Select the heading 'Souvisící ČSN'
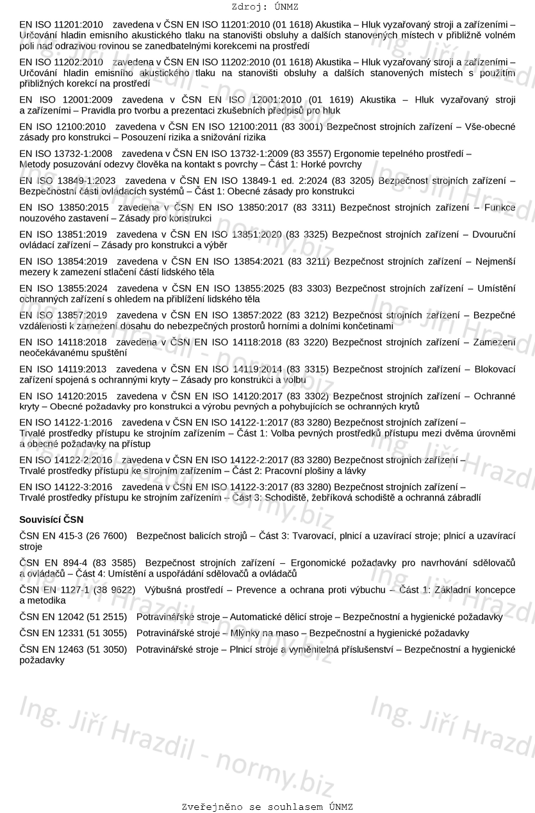51,519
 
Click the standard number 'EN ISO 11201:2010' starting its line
61,24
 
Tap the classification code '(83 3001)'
304,127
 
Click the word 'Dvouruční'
493,234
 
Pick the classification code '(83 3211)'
309,261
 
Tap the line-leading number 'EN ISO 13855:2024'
63,288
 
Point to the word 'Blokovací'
495,369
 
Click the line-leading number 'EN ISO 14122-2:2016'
66,460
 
